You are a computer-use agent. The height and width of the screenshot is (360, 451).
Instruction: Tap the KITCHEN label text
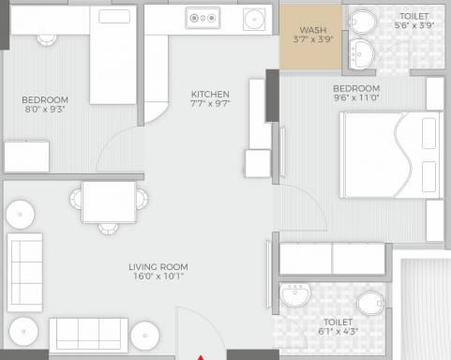point(210,94)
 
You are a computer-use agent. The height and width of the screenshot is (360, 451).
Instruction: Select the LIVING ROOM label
point(157,267)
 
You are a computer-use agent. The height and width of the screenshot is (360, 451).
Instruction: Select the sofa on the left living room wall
point(25,262)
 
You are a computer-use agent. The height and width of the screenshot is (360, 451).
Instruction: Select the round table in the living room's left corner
point(21,214)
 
